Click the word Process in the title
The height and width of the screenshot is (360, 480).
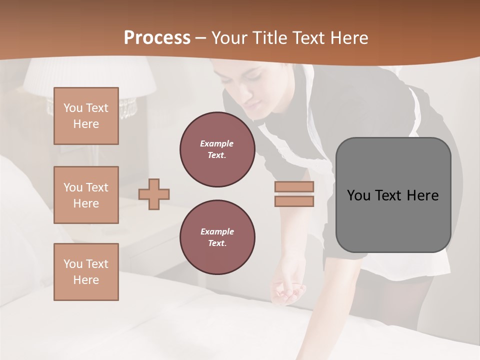tap(157, 38)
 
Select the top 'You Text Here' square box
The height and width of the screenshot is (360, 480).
tap(86, 116)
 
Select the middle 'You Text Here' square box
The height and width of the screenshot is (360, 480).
tap(86, 195)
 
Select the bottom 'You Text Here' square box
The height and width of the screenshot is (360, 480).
tap(86, 272)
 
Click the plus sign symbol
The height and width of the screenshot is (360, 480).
tap(154, 194)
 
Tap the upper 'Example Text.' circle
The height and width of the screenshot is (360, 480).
tap(217, 149)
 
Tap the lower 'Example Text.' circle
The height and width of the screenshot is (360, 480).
tap(217, 237)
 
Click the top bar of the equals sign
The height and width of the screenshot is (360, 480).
tap(294, 187)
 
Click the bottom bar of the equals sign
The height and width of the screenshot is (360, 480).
tap(294, 201)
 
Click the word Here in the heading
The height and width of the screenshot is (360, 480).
tap(348, 38)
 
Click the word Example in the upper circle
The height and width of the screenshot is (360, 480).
tap(217, 143)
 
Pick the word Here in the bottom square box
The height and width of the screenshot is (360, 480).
tap(86, 280)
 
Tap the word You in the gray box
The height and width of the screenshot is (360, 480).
tap(358, 195)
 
